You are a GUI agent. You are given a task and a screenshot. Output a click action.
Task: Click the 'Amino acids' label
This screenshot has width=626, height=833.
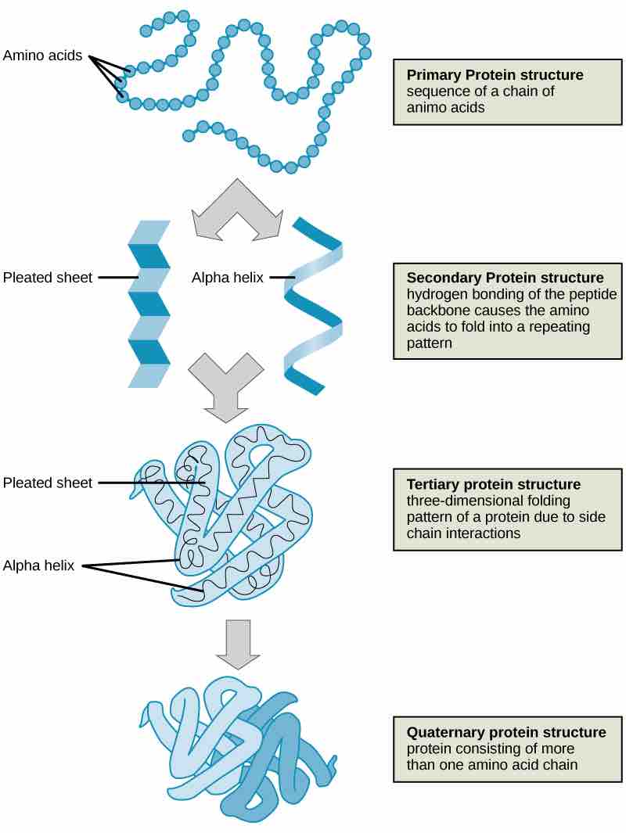[42, 56]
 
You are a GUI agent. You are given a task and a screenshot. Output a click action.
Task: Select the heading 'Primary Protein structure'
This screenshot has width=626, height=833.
[495, 75]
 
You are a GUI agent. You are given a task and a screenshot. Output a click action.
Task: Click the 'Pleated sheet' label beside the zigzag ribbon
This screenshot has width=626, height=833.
[48, 277]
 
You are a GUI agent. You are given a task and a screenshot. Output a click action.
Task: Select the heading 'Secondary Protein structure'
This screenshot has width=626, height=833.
[505, 278]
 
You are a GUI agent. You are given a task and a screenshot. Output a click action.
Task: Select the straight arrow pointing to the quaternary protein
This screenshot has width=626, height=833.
[238, 643]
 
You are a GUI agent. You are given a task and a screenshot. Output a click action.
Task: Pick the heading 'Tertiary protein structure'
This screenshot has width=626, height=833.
[493, 484]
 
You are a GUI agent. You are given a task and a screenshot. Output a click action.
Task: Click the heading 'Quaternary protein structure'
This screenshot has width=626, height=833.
[505, 732]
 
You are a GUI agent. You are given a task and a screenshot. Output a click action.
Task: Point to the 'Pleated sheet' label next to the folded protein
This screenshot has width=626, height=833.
[48, 483]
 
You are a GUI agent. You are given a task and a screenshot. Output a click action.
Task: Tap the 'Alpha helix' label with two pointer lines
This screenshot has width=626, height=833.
[38, 566]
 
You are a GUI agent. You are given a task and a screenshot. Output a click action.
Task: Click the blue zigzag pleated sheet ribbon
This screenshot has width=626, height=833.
[149, 305]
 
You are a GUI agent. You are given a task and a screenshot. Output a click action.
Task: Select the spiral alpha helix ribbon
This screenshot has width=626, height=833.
[313, 305]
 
